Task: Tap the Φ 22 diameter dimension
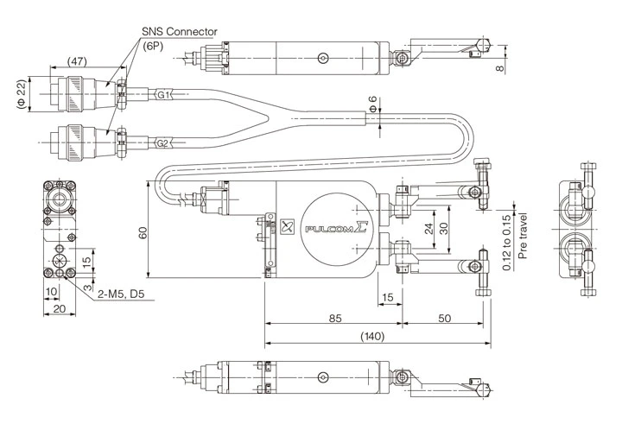pos(20,95)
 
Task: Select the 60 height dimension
pos(143,234)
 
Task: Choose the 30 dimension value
pos(444,230)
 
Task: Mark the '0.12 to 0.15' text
pos(507,243)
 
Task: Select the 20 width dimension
pos(58,308)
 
